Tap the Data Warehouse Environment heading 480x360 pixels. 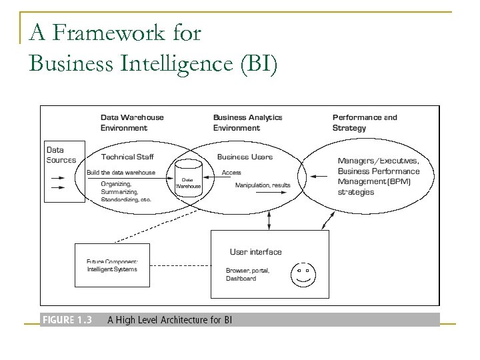[x=132, y=123]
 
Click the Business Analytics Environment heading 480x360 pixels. [x=247, y=123]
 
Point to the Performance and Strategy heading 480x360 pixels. [x=364, y=123]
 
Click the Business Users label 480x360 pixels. [x=245, y=157]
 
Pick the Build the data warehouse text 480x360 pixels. [x=121, y=173]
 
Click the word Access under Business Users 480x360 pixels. [x=231, y=173]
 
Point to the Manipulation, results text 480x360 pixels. [x=263, y=185]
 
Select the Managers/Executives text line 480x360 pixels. [x=378, y=161]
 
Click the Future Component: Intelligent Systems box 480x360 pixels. [x=112, y=265]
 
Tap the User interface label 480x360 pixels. [x=255, y=252]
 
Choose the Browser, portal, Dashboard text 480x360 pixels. [x=247, y=275]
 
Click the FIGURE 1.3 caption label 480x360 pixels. [x=67, y=320]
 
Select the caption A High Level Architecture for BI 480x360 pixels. [x=169, y=320]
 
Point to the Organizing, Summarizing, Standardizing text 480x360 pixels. [x=126, y=191]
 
